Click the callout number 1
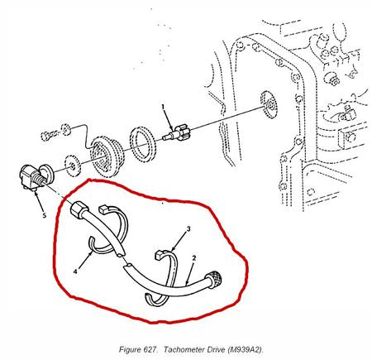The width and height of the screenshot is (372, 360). coord(163,107)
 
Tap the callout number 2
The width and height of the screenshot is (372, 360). coord(194,258)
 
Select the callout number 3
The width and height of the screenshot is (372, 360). coord(188,228)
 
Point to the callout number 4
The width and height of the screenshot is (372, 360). coord(75,271)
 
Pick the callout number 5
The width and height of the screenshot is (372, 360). coord(45,215)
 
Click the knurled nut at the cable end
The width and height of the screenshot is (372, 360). coord(213,280)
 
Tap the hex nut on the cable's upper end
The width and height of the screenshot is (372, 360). coord(79,210)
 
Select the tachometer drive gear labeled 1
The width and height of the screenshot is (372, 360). coord(175,133)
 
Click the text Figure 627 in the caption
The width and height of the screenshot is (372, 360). coord(139,349)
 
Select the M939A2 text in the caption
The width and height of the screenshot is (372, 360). coord(246,349)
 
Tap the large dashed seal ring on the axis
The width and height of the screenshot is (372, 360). coord(143,144)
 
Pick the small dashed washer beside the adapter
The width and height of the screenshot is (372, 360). coord(73,166)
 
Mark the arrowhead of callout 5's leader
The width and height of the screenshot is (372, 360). coord(36,193)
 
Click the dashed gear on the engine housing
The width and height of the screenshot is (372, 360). coord(269,104)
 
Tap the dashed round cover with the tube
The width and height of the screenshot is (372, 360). coord(107,156)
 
